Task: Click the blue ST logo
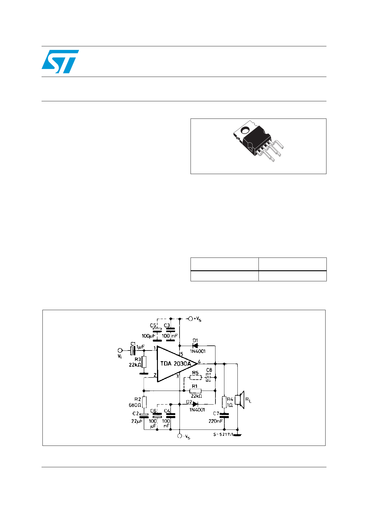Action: click(x=60, y=61)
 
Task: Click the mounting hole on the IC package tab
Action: click(x=245, y=130)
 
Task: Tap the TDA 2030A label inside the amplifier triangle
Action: click(x=176, y=364)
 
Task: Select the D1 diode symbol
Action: click(x=195, y=345)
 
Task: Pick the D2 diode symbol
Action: click(x=195, y=404)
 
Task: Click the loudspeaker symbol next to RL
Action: click(x=240, y=400)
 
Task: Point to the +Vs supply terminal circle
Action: click(x=191, y=319)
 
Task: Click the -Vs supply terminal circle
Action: click(x=180, y=436)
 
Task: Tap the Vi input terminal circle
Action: click(x=120, y=351)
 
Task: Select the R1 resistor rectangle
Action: click(x=195, y=391)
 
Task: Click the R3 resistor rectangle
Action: click(x=144, y=362)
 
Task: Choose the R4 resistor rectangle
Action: click(x=224, y=402)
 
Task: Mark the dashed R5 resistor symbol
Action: click(x=195, y=378)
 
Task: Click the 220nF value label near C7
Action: click(x=215, y=421)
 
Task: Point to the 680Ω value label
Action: click(x=135, y=405)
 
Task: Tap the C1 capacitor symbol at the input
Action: click(x=133, y=351)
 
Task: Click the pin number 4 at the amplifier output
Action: click(x=199, y=361)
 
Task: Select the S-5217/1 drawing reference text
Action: click(x=223, y=435)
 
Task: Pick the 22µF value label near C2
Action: click(x=137, y=421)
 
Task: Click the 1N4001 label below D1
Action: click(x=198, y=351)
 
